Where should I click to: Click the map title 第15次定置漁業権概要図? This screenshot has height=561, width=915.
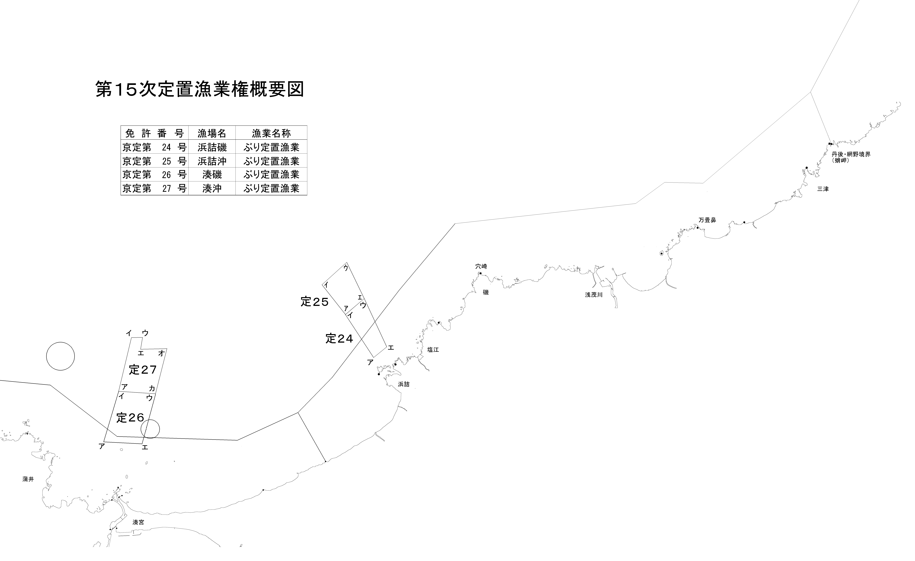click(200, 89)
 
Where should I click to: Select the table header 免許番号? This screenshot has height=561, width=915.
click(154, 133)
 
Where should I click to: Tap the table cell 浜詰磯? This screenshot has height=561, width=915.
click(212, 147)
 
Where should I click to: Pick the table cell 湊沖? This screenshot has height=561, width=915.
click(212, 189)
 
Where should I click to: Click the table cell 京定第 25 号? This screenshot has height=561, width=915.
click(154, 161)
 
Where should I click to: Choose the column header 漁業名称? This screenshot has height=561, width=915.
click(272, 133)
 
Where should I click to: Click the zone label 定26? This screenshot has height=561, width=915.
click(130, 418)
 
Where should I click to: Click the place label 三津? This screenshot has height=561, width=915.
click(823, 189)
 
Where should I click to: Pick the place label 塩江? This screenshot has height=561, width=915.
click(433, 350)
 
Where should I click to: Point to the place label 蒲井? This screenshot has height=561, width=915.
click(28, 479)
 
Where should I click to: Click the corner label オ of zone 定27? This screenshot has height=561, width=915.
click(161, 353)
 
